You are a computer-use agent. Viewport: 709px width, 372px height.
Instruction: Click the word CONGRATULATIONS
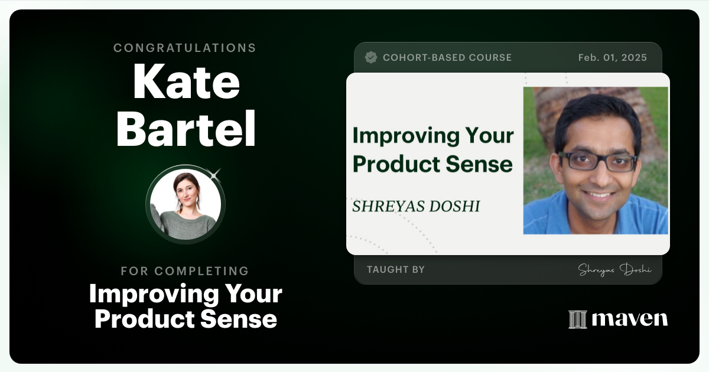click(185, 48)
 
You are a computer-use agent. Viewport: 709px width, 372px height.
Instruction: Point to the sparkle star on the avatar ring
click(215, 174)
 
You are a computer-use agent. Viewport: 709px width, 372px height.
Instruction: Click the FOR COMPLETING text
click(185, 271)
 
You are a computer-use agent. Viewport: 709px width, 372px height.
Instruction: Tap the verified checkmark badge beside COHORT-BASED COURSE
click(371, 57)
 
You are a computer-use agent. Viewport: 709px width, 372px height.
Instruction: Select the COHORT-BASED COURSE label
click(447, 57)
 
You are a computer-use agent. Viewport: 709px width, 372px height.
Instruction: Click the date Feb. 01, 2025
click(612, 57)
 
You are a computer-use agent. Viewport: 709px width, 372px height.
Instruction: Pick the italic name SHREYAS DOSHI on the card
click(416, 206)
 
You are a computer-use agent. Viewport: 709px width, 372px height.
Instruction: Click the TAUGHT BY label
click(395, 269)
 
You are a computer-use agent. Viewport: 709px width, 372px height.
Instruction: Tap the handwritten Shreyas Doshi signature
click(614, 269)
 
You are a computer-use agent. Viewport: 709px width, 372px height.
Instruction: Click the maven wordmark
click(630, 319)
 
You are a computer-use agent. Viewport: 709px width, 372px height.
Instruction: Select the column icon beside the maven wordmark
click(577, 319)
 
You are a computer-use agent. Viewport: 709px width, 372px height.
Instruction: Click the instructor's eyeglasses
click(598, 161)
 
